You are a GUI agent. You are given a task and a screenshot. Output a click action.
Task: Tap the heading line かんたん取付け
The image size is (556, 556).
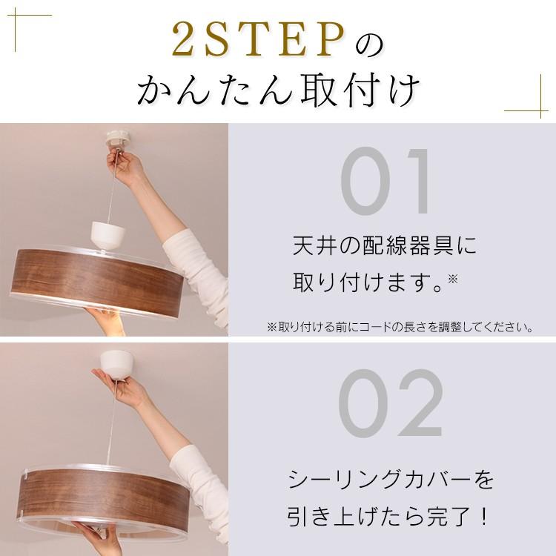click(x=278, y=90)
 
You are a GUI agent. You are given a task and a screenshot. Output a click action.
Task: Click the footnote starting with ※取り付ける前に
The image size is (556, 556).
click(x=400, y=327)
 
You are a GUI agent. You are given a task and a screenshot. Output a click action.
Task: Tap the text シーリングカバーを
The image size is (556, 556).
click(x=390, y=480)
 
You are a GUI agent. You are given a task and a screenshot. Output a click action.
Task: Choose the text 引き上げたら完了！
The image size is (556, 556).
click(x=390, y=517)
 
